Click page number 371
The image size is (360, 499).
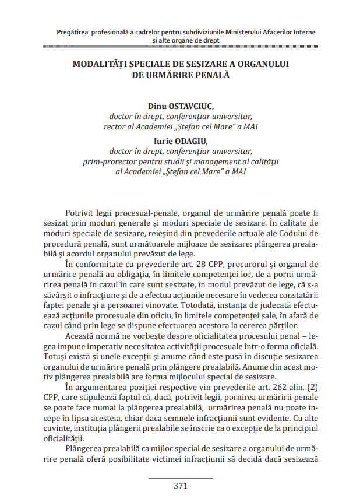pyautogui.click(x=180, y=486)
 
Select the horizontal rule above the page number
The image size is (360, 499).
pyautogui.click(x=180, y=478)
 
